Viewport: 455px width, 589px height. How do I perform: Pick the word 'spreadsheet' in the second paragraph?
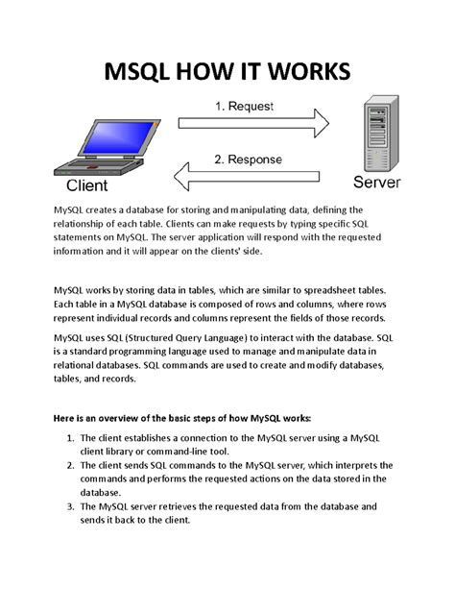(x=324, y=287)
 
